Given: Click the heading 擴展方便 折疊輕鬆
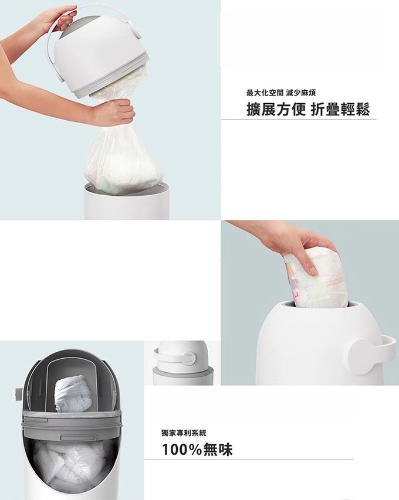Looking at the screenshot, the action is [x=308, y=110].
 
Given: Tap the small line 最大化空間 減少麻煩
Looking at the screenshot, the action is [x=281, y=93].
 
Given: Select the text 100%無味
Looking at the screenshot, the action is [x=197, y=450].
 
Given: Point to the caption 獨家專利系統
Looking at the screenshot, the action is [x=184, y=433].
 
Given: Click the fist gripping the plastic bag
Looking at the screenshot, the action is [x=115, y=111].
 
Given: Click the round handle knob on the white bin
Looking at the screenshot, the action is [x=362, y=356].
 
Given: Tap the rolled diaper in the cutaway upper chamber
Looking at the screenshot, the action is [x=73, y=393].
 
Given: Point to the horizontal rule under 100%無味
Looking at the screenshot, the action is [x=249, y=460].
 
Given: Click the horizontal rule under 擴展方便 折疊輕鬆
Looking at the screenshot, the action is [x=299, y=120].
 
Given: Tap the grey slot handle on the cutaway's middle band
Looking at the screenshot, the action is [x=79, y=437].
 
